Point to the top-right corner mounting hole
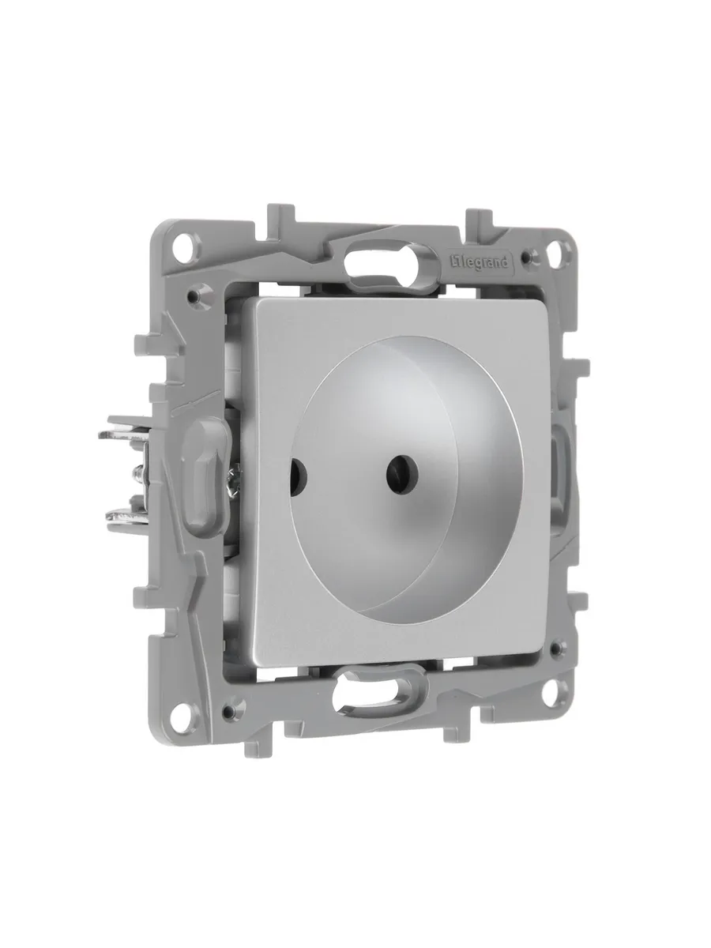[x=559, y=250]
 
